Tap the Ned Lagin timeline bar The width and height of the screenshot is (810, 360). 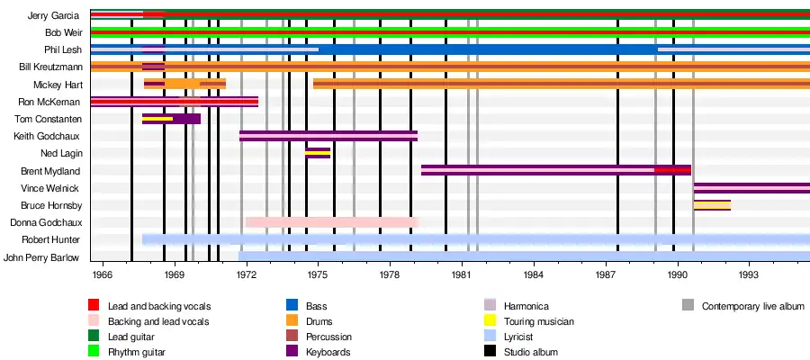(318, 153)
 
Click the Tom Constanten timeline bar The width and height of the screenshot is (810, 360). (171, 119)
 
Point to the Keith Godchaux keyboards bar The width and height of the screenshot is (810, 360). (328, 136)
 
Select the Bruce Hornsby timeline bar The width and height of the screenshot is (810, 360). (712, 205)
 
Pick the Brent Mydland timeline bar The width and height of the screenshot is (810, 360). (555, 170)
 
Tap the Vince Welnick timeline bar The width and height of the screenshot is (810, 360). (751, 188)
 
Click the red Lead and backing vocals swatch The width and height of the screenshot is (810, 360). (94, 306)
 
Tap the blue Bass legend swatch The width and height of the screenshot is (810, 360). (292, 306)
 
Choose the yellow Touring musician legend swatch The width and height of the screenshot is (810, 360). (490, 321)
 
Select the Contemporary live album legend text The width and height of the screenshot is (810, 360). (752, 306)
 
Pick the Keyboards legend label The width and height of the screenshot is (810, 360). (328, 352)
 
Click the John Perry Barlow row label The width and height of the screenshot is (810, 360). (41, 256)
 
